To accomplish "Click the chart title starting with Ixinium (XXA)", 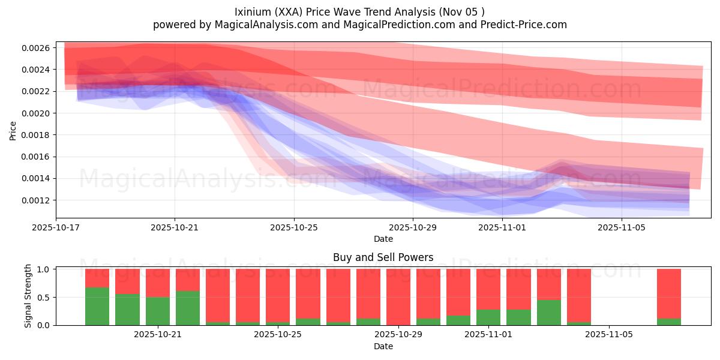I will tap(359, 11).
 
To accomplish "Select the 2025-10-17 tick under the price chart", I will tap(56, 228).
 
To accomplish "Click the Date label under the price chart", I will tap(383, 239).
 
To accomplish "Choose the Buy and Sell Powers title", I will tap(383, 258).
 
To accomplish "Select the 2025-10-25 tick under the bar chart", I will tap(278, 335).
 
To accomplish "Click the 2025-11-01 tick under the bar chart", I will tap(488, 335).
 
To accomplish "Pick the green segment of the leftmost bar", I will tap(97, 306).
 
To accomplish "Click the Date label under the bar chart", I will tap(383, 346).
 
